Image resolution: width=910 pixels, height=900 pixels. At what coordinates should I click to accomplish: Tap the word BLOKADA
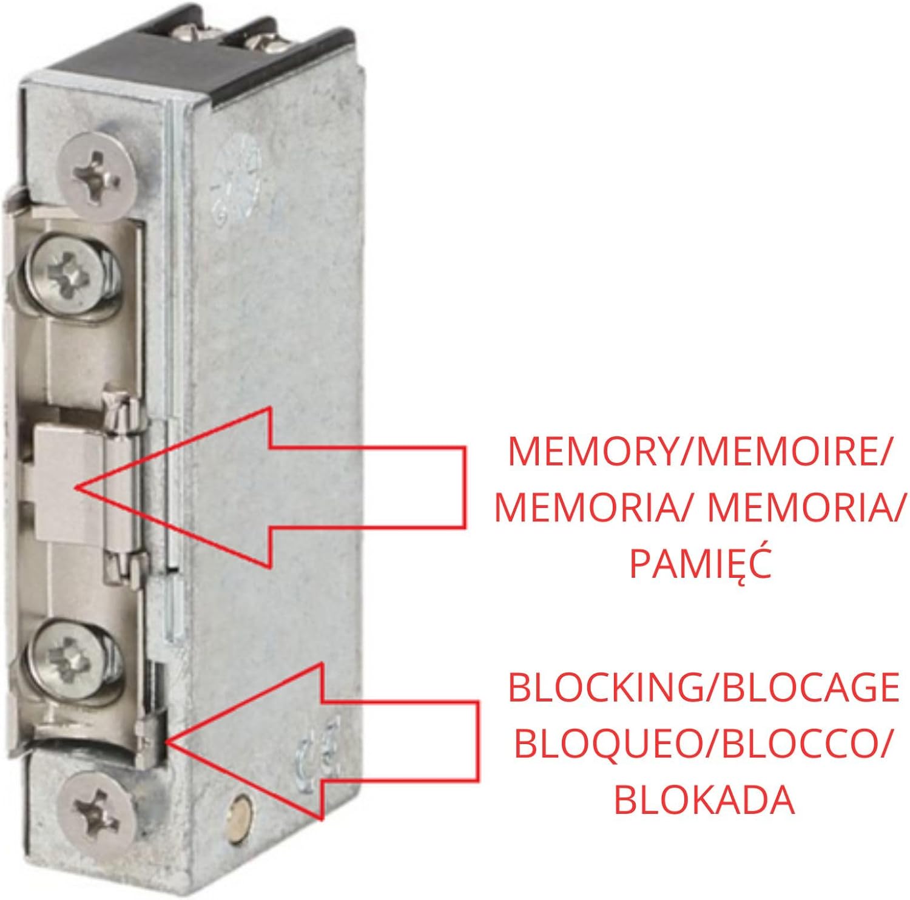click(704, 800)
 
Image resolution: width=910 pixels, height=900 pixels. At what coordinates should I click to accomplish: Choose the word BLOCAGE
click(812, 687)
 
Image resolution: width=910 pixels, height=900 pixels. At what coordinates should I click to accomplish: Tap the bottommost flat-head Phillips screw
click(99, 807)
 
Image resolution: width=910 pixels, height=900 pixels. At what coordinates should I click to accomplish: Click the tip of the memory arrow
click(75, 487)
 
